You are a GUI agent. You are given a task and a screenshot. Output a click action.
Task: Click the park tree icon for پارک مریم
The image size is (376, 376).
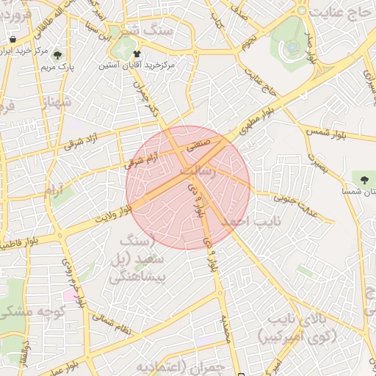click(x=57, y=56)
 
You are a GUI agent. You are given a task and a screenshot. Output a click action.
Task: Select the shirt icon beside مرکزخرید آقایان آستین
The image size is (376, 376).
click(x=137, y=54)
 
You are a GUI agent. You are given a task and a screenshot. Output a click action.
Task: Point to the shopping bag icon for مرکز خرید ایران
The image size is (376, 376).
click(x=12, y=40)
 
